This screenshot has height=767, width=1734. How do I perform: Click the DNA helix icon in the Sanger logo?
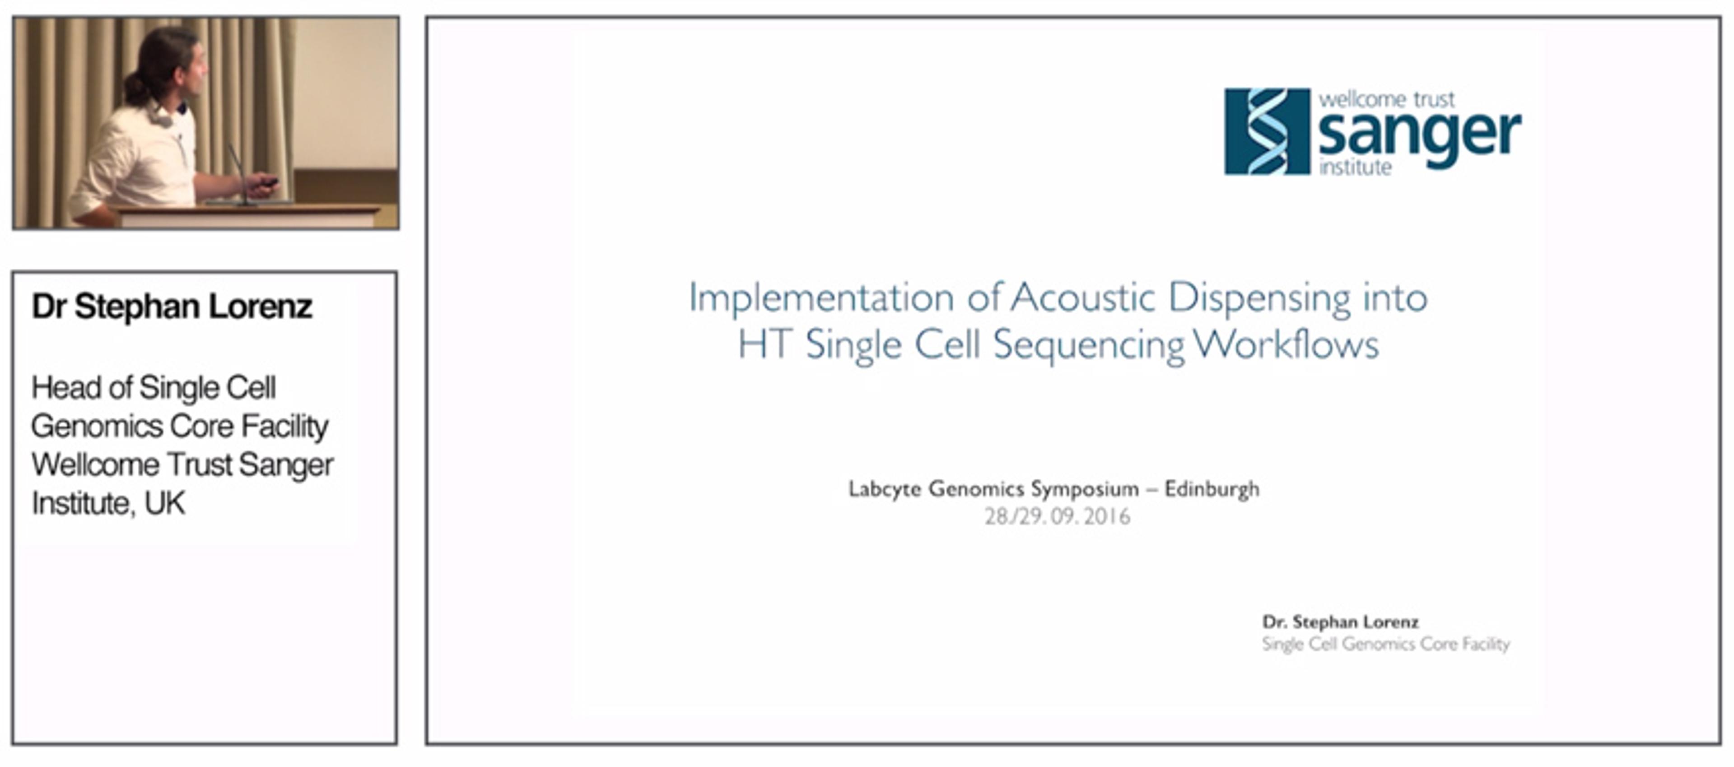point(1267,131)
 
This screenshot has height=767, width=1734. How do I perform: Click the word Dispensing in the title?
point(1259,299)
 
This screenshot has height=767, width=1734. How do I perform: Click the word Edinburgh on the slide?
point(1212,489)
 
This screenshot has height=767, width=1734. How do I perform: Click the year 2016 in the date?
point(1107,517)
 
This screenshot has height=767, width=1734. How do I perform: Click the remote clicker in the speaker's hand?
point(267,181)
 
